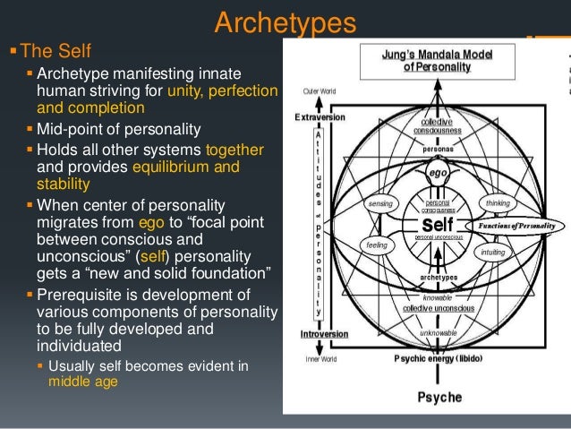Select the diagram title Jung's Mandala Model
click(436, 60)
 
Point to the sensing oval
click(380, 203)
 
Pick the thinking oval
click(497, 203)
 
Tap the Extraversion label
click(322, 117)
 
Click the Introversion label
click(322, 333)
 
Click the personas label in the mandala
click(437, 149)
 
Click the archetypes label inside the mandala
click(437, 278)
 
